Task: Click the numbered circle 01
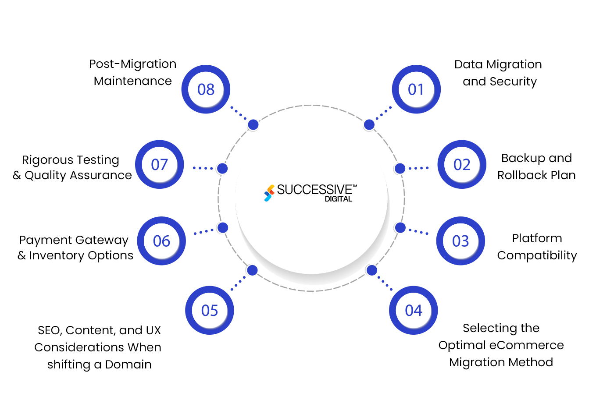click(x=416, y=89)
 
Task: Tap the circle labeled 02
click(x=462, y=165)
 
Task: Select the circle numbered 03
click(x=460, y=241)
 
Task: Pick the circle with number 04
click(x=413, y=311)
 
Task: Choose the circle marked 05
click(x=209, y=311)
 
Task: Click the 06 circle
click(x=161, y=241)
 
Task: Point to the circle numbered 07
click(x=159, y=165)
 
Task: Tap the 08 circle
click(x=206, y=89)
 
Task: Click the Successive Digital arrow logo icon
click(x=269, y=193)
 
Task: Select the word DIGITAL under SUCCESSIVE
click(x=338, y=199)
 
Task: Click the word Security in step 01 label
click(x=513, y=82)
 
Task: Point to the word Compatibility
click(x=537, y=255)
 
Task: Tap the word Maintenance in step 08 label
click(x=132, y=81)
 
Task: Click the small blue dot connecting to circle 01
click(x=369, y=125)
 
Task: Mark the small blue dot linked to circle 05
click(x=252, y=270)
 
